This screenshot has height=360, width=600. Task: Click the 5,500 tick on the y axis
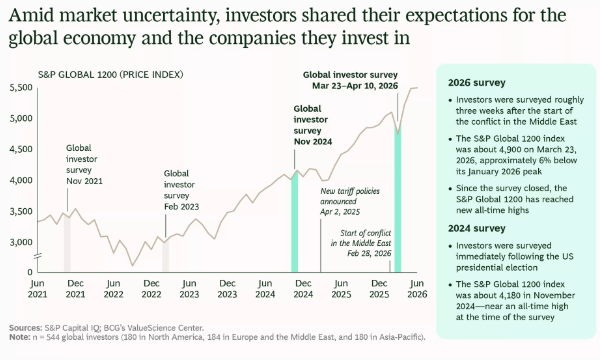coord(21,88)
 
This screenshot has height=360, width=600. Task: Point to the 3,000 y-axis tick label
coord(21,242)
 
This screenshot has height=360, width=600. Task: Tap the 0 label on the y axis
coord(30,272)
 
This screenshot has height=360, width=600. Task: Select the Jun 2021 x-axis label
coord(37,289)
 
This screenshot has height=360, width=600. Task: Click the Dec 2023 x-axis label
coord(227,289)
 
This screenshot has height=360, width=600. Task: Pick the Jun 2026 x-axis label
coord(417,289)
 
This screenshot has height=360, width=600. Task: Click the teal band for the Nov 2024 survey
coord(295,223)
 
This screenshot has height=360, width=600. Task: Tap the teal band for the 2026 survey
coord(398,199)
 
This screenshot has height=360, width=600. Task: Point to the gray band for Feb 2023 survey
coord(166,256)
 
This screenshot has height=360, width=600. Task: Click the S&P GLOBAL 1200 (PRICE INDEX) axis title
coord(111,75)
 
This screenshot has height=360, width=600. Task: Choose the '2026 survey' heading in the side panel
coord(477,83)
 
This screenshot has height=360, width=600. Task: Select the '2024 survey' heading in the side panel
coord(477,228)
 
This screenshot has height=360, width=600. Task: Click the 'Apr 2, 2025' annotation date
coord(340,212)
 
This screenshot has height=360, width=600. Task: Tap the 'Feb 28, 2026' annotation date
coord(369,253)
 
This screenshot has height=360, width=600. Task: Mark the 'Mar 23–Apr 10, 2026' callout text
coord(355,86)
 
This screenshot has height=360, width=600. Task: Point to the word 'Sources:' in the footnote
coord(25,328)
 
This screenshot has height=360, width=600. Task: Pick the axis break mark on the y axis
coord(38,256)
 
